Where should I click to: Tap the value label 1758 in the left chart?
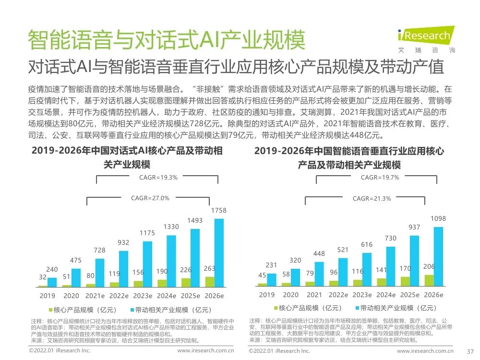point(218,211)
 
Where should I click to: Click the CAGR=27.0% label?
point(150,198)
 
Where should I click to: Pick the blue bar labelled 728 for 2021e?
point(99,273)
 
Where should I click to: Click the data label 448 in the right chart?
point(319,253)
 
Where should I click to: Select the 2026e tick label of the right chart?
point(433,295)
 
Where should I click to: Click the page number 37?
point(470,351)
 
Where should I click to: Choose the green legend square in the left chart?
point(50,310)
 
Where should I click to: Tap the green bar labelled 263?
point(210,282)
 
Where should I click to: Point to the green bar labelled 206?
point(429,280)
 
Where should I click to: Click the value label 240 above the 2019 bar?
point(52,270)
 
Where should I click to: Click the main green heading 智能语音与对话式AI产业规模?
point(166,40)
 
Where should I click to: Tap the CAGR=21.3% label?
point(372,199)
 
